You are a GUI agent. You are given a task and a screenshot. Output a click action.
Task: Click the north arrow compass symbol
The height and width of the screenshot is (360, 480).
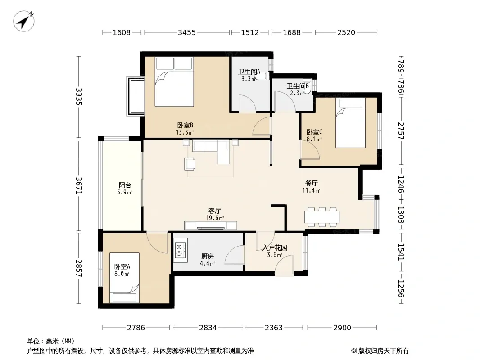(x=23, y=21)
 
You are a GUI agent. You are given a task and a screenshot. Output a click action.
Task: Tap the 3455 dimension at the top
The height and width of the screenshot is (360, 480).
(x=187, y=32)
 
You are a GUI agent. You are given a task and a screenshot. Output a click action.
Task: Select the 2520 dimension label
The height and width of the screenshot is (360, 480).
(x=346, y=32)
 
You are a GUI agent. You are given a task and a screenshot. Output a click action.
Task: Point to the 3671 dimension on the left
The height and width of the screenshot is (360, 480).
(x=79, y=185)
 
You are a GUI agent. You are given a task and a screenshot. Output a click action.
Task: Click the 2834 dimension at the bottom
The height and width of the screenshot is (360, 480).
(x=208, y=328)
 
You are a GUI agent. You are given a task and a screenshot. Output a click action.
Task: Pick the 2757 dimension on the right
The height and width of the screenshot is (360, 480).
(x=401, y=131)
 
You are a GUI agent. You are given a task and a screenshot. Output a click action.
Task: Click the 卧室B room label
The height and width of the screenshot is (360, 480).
(x=185, y=125)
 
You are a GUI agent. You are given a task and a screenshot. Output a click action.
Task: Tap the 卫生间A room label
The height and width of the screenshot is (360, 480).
(x=249, y=72)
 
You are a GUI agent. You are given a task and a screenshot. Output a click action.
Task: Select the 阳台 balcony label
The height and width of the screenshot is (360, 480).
(x=125, y=185)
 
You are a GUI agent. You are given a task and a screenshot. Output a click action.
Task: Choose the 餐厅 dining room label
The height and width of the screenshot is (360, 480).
(x=311, y=183)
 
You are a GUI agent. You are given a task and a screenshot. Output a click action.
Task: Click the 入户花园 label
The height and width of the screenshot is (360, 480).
(x=275, y=247)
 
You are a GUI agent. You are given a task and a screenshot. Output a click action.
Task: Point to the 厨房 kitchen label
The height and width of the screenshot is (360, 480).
(x=207, y=256)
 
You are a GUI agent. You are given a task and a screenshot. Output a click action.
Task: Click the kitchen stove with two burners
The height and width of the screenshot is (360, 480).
(x=180, y=250)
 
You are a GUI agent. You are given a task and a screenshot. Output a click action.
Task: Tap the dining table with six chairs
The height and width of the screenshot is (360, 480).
(x=322, y=217)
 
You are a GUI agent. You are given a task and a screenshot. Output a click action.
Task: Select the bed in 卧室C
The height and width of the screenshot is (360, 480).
(x=350, y=123)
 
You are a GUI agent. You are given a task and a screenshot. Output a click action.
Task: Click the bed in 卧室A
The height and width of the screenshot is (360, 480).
(x=124, y=278)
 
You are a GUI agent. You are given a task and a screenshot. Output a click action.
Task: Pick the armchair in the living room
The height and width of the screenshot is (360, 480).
(x=190, y=164)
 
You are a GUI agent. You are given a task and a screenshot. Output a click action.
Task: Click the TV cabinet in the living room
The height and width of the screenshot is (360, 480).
(x=211, y=226)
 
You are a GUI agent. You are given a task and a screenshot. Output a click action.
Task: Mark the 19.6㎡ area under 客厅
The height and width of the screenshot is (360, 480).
(x=215, y=218)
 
